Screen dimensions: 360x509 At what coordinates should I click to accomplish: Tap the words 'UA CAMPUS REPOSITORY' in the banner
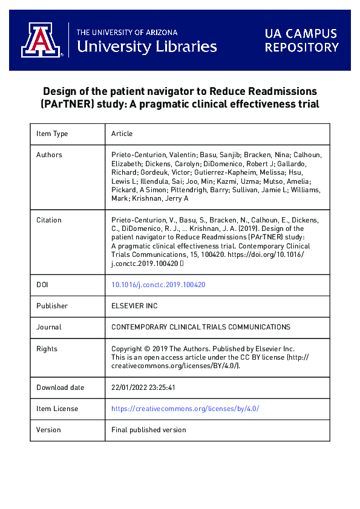click(x=301, y=41)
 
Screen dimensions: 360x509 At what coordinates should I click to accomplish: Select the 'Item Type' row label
click(x=52, y=134)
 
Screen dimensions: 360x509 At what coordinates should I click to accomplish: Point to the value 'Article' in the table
click(x=122, y=134)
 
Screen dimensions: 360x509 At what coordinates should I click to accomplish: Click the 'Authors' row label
click(x=49, y=155)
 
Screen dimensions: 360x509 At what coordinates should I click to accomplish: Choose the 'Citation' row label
click(x=49, y=220)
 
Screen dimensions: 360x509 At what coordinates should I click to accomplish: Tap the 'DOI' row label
click(x=42, y=285)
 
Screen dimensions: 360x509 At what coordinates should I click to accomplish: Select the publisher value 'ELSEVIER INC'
click(x=134, y=306)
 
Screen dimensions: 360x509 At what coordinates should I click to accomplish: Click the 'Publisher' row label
click(x=52, y=306)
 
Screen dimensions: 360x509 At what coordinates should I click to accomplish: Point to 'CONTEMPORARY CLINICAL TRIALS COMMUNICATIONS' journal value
click(x=201, y=327)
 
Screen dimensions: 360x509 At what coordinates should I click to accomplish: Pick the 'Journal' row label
click(x=48, y=327)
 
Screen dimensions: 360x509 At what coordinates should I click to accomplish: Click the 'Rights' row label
click(x=47, y=349)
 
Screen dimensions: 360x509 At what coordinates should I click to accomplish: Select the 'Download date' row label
click(x=61, y=387)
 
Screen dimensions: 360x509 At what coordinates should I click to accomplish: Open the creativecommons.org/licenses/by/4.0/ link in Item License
click(x=185, y=409)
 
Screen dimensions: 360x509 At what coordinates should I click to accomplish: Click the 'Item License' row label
click(x=57, y=409)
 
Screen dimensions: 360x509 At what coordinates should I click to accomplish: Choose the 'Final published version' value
click(x=149, y=430)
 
